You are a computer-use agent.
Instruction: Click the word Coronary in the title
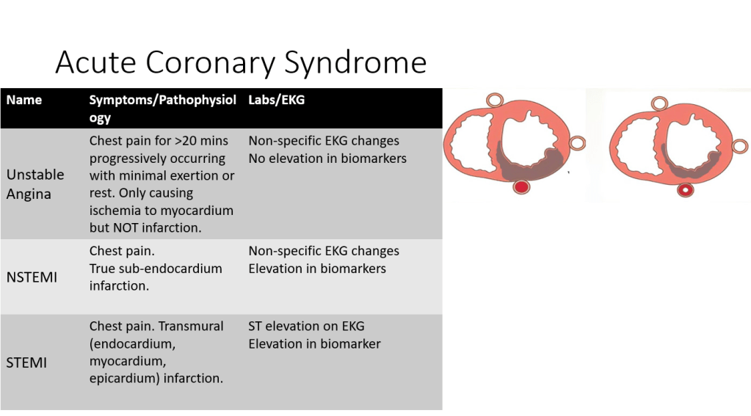pos(211,62)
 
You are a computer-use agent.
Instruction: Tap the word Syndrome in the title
pos(355,63)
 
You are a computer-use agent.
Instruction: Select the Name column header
pos(24,100)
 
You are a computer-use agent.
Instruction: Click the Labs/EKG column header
pos(276,100)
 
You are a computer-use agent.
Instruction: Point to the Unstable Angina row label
pos(35,184)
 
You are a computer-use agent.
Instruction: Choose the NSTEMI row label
pos(32,277)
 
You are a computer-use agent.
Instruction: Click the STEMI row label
pos(26,362)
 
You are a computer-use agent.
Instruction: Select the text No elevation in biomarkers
pos(327,158)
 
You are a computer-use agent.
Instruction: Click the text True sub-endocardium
pos(156,268)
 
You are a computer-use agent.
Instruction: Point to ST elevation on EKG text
pos(306,326)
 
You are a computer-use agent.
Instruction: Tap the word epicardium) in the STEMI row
pos(125,378)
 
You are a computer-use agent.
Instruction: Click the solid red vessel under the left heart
pos(521,186)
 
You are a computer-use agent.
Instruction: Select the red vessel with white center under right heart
pos(686,189)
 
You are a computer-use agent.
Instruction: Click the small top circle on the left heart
pos(495,101)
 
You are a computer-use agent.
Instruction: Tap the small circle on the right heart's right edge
pos(740,147)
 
